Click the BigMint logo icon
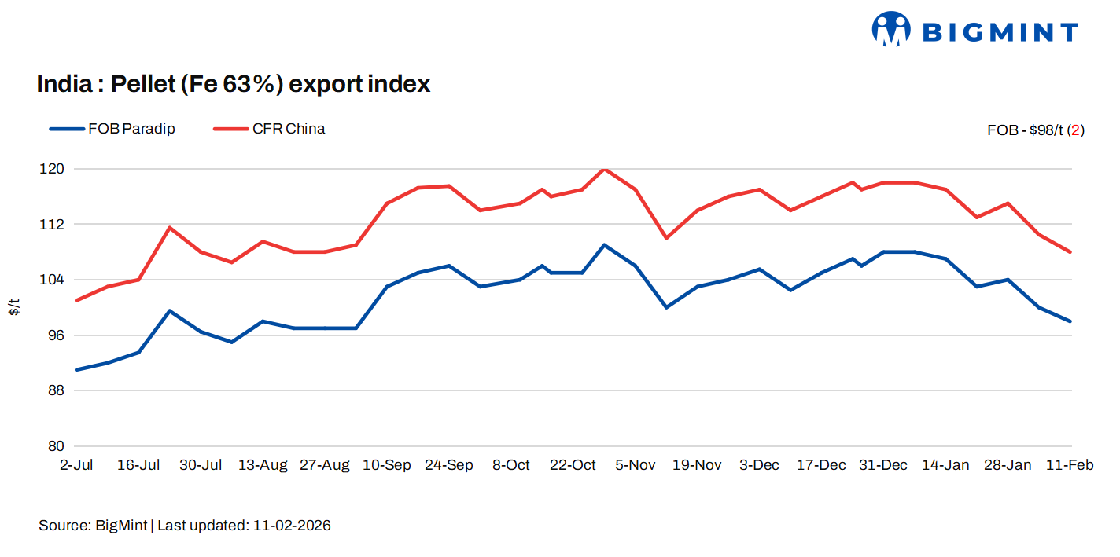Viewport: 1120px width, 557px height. point(891,29)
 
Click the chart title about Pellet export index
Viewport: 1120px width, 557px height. point(234,84)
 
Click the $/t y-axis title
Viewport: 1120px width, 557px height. point(14,307)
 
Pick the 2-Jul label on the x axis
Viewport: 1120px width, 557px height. point(76,465)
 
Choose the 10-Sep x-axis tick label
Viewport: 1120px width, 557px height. point(386,465)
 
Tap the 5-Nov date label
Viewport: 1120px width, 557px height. point(635,465)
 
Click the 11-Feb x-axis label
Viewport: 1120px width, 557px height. point(1069,465)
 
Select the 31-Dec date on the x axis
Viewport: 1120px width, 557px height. point(882,465)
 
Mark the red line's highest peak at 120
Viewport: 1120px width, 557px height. point(604,169)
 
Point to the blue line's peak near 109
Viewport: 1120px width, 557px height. point(604,245)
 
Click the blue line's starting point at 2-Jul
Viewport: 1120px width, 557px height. point(76,369)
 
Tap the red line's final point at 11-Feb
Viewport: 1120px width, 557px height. point(1070,252)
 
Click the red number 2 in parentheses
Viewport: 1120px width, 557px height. point(1075,130)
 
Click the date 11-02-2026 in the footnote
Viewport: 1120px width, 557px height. point(292,526)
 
